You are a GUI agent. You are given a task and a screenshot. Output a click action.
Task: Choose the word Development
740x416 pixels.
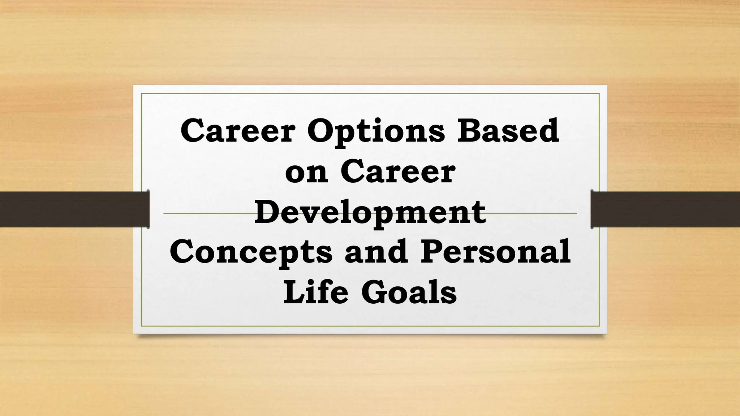pos(370,212)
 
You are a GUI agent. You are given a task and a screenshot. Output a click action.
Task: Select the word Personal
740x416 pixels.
pos(495,252)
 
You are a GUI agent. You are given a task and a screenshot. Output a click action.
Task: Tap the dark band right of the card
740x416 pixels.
pos(665,209)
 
